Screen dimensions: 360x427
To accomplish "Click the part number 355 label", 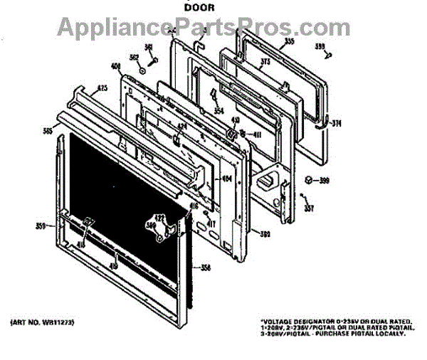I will coord(289,41).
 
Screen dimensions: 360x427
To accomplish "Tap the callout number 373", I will coord(266,63).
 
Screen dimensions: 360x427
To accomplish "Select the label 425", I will coord(102,88).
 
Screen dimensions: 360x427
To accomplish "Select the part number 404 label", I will coord(226,179).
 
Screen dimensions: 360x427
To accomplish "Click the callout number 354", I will coord(218,110).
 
